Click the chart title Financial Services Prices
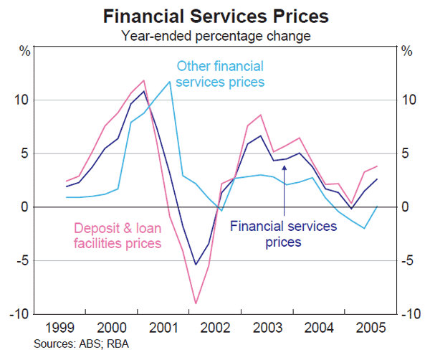tap(215, 15)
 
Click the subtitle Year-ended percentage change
tap(215, 34)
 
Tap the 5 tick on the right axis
tap(406, 153)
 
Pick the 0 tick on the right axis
tap(406, 207)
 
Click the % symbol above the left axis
tap(24, 51)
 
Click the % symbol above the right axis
tap(406, 51)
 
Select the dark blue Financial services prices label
tap(283, 234)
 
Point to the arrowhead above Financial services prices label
tap(285, 168)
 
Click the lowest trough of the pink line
tap(195, 303)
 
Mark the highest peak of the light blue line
tap(170, 82)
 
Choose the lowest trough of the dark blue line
tap(195, 265)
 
